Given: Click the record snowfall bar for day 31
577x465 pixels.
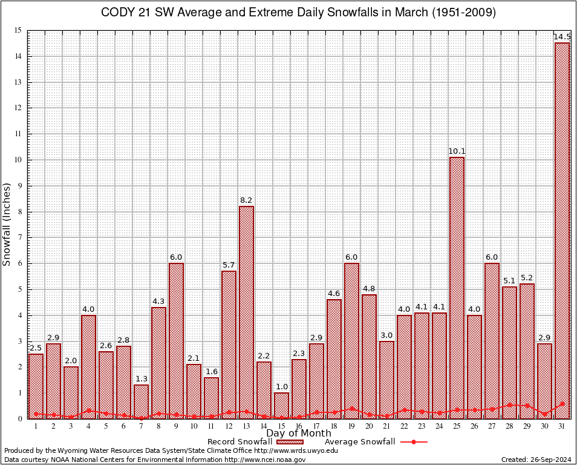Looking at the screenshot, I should [562, 230].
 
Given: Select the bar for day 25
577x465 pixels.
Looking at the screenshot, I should [457, 288].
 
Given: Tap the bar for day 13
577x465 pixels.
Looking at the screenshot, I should [246, 312].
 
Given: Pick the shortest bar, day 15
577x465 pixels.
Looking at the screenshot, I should [281, 405].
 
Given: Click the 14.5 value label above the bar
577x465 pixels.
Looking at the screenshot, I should [562, 38].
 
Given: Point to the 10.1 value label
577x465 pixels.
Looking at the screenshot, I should [457, 151].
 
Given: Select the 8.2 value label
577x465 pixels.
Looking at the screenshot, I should [246, 200].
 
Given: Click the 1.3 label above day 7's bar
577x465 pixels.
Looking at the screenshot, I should [141, 379].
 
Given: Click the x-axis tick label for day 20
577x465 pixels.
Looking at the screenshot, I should [369, 426].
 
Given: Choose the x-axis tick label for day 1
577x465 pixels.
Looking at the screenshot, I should [36, 426].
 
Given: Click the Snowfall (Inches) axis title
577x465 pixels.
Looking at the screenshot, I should [7, 224].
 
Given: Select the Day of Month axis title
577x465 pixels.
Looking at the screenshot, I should [299, 434].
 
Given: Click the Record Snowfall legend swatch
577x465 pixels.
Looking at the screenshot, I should [289, 442].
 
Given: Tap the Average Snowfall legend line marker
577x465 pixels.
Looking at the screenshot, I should [413, 442].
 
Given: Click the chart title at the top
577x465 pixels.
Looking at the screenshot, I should [289, 13].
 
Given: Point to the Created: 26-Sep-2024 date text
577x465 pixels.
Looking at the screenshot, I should [536, 460].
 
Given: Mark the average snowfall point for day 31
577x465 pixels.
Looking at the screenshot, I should [562, 403].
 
